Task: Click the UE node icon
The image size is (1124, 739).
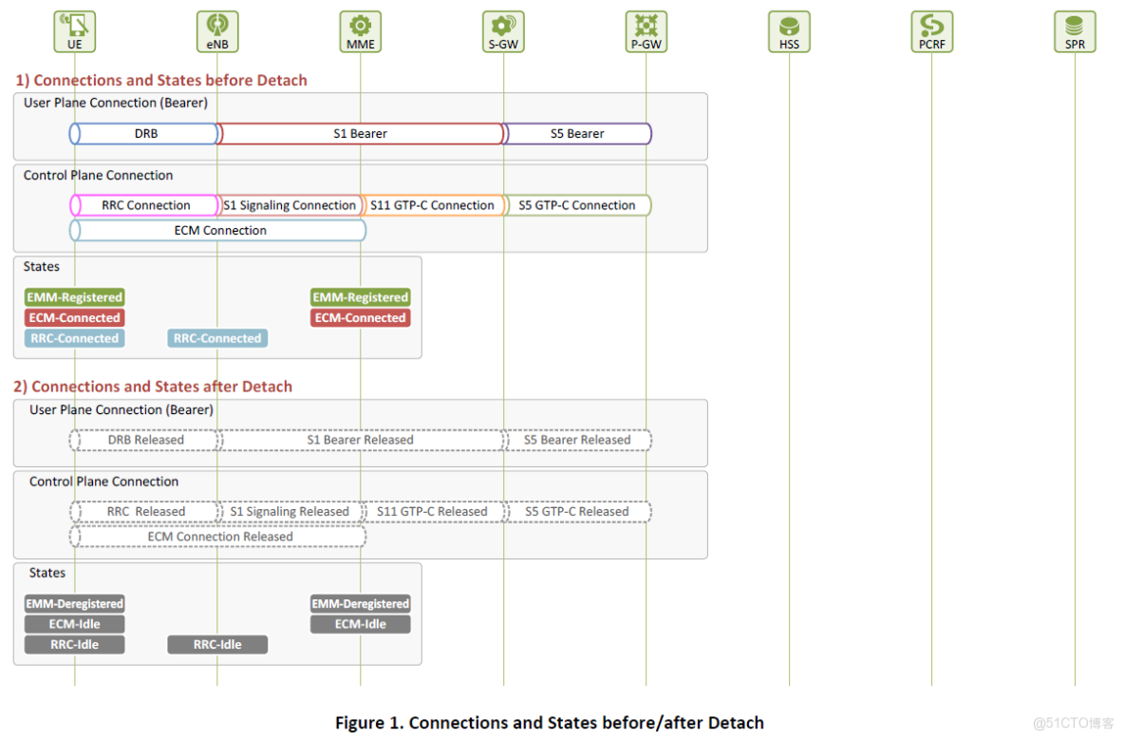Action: (x=74, y=26)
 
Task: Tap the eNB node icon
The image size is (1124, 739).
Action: (x=217, y=26)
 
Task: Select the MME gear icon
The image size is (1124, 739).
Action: (x=361, y=26)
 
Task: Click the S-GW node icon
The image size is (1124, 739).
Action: (x=503, y=26)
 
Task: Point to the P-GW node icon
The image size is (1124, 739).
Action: (x=646, y=26)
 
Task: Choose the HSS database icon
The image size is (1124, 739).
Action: (x=789, y=26)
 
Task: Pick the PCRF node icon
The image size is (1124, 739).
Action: (x=932, y=26)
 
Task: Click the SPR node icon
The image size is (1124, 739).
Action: (x=1075, y=26)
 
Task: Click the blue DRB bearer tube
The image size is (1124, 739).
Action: (x=145, y=134)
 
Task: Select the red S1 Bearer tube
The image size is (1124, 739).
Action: (x=361, y=134)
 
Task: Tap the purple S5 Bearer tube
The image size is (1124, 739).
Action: (x=577, y=134)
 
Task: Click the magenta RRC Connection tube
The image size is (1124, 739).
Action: (x=145, y=205)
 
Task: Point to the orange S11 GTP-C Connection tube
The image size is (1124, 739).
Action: (x=433, y=205)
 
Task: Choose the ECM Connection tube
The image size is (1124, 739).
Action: (x=219, y=230)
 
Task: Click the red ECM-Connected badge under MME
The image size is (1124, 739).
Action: (x=361, y=318)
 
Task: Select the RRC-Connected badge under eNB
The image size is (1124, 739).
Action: (x=217, y=338)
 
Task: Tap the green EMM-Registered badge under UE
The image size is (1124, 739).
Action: (x=74, y=297)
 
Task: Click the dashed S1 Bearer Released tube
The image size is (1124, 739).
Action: (x=361, y=440)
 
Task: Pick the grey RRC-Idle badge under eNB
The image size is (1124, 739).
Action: (x=217, y=644)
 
